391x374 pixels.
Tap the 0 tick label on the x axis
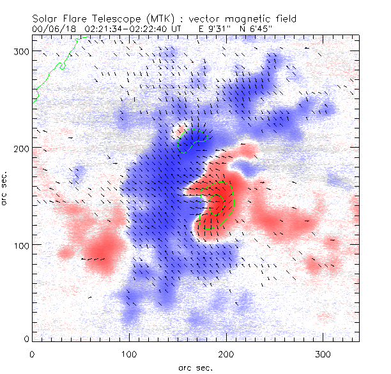(x=32, y=354)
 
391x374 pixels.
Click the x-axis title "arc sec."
(x=195, y=367)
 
